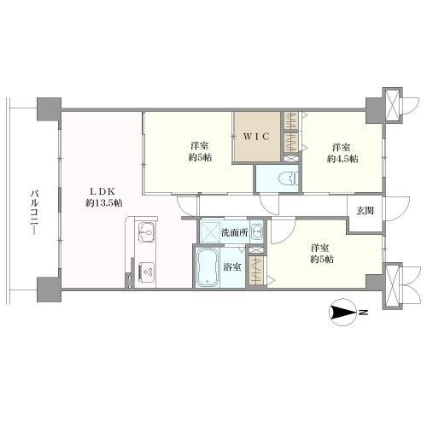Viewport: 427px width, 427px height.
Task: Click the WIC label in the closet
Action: pyautogui.click(x=256, y=137)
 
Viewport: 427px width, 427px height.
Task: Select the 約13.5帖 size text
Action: pyautogui.click(x=104, y=202)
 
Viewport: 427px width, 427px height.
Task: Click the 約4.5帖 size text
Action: pyautogui.click(x=342, y=159)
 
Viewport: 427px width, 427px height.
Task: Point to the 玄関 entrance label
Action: pyautogui.click(x=366, y=211)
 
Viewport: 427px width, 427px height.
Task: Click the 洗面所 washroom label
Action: pyautogui.click(x=235, y=233)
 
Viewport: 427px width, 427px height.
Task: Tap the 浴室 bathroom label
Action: pyautogui.click(x=232, y=266)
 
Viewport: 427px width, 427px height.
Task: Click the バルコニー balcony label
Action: pyautogui.click(x=35, y=213)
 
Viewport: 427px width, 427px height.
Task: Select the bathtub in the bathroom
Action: pyautogui.click(x=208, y=267)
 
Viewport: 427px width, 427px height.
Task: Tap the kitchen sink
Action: pyautogui.click(x=147, y=232)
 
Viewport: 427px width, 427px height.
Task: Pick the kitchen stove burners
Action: pyautogui.click(x=147, y=272)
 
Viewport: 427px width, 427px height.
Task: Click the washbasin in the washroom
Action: pyautogui.click(x=257, y=231)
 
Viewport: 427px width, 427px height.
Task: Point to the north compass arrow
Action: pyautogui.click(x=342, y=313)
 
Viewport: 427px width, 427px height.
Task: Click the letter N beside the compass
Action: pyautogui.click(x=363, y=313)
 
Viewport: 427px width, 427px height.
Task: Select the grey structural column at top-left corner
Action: pyautogui.click(x=49, y=109)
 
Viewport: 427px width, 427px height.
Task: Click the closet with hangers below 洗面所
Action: pyautogui.click(x=257, y=270)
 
